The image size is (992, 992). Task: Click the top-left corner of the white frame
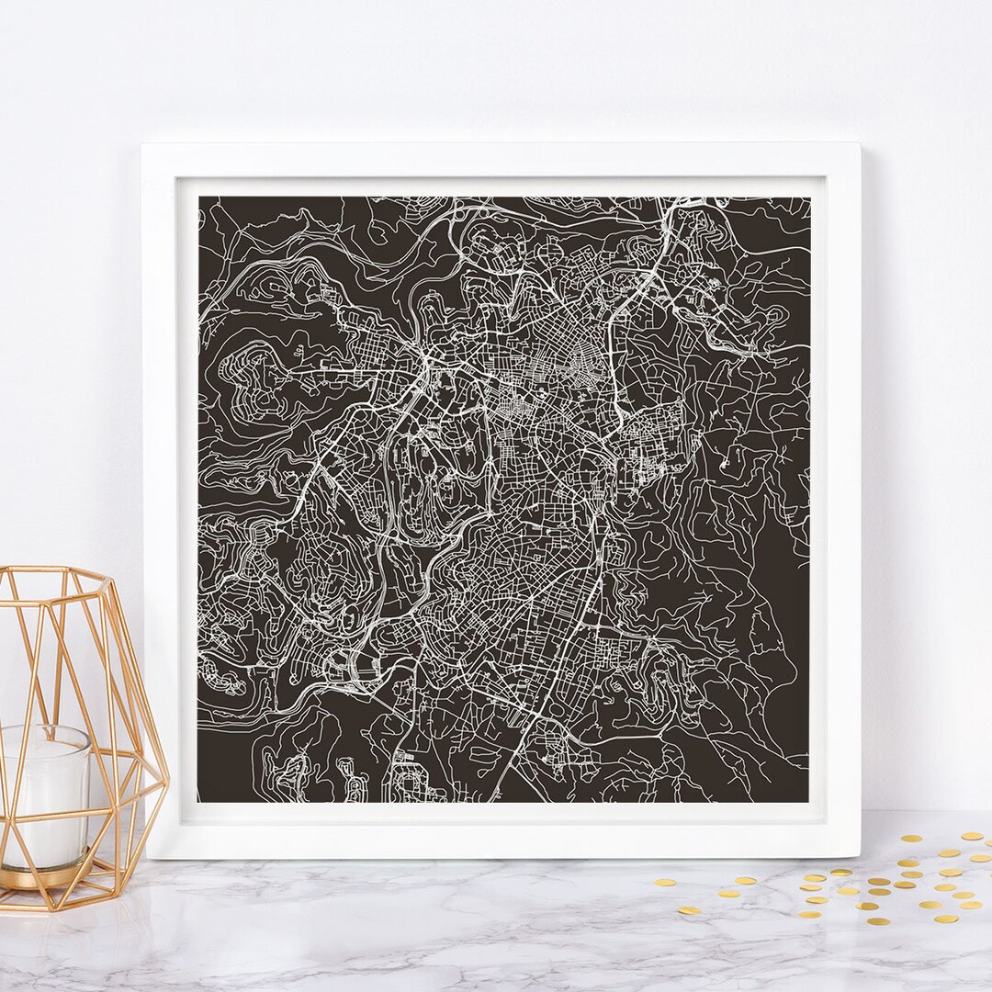pyautogui.click(x=142, y=144)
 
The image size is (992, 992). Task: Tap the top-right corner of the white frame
pyautogui.click(x=859, y=144)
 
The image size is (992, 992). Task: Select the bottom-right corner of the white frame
pyautogui.click(x=860, y=856)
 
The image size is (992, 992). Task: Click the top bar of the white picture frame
pyautogui.click(x=501, y=160)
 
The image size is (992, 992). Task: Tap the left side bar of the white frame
pyautogui.click(x=161, y=501)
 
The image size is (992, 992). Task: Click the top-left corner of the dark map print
pyautogui.click(x=199, y=197)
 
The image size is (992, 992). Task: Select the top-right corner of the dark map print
pyautogui.click(x=809, y=197)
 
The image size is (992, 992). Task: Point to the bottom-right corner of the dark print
pyautogui.click(x=808, y=802)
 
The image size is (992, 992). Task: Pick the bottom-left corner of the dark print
pyautogui.click(x=198, y=802)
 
